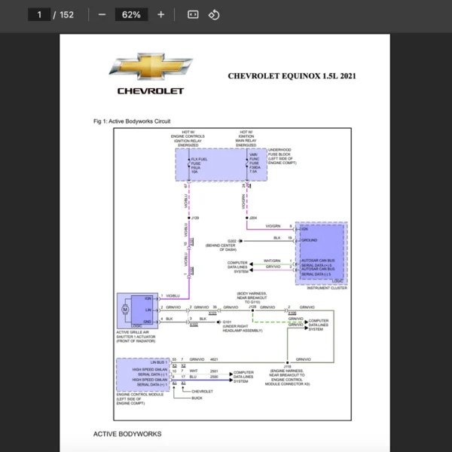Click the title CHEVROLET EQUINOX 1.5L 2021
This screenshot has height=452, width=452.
point(292,76)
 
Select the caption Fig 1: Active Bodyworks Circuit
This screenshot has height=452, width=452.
point(132,121)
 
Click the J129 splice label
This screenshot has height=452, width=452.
point(195,218)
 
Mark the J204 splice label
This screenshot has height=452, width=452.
point(253,218)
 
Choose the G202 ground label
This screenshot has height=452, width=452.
point(232,241)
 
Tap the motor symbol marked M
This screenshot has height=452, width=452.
point(126,309)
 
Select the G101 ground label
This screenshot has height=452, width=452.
point(227,322)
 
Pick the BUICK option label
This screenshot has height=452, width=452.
point(197,399)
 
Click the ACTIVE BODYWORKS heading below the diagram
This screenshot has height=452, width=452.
point(127,434)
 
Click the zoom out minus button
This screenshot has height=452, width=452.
point(102,14)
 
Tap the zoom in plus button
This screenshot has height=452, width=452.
point(160,14)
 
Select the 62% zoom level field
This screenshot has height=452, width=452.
point(131,14)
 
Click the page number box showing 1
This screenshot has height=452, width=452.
point(38,14)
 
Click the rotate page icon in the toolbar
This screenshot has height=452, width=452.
point(214,14)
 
